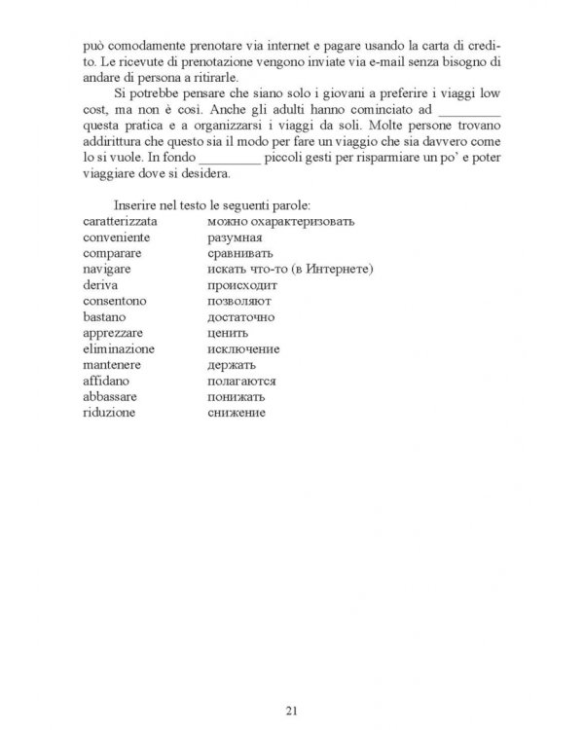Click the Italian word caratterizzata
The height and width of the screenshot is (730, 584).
point(121,222)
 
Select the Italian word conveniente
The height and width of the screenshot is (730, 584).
point(117,237)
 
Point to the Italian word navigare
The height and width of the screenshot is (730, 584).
point(108,269)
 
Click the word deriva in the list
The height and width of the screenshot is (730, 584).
point(101,285)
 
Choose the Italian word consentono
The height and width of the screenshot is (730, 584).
point(115,301)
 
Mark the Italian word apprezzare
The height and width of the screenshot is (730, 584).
point(113,333)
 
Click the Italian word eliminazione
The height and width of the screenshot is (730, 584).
point(119,348)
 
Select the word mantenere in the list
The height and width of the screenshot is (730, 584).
point(114,364)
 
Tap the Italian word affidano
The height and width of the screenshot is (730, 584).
point(108,381)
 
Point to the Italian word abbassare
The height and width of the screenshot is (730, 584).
point(112,396)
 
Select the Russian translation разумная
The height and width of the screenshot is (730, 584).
point(237,237)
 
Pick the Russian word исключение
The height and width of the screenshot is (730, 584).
point(244,348)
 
